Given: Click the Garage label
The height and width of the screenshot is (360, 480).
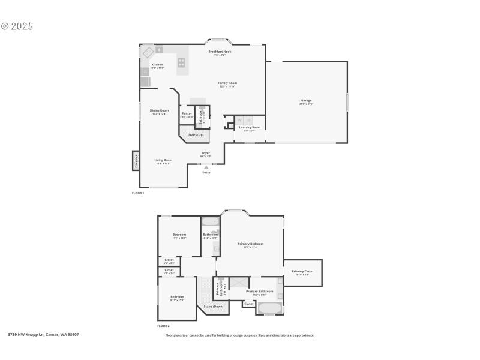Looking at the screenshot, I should tap(306, 101).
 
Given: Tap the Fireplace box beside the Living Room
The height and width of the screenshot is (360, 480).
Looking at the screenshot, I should tap(136, 160).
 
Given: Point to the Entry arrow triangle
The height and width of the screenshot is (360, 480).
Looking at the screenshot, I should tap(206, 167).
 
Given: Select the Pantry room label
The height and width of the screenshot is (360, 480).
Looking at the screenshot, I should tap(187, 113).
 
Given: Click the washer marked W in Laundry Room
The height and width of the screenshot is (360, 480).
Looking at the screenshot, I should tap(239, 120).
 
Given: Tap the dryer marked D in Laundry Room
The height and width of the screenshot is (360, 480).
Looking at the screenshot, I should tap(248, 120).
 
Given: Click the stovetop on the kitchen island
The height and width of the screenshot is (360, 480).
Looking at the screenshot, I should tap(181, 62).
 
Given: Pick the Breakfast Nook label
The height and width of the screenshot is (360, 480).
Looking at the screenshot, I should tap(220, 52).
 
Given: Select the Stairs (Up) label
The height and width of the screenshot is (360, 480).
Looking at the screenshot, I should tap(196, 134).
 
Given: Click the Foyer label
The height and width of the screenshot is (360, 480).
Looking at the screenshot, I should tap(205, 153).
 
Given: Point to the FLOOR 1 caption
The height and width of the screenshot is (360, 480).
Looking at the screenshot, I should tap(138, 193).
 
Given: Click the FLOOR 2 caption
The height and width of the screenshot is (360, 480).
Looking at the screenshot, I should tap(163, 326).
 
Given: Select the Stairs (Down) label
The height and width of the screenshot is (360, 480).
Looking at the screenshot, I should tap(213, 306).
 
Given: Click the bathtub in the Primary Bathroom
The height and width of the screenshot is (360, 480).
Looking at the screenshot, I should tap(269, 308).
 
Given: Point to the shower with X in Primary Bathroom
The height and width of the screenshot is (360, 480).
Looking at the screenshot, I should tap(238, 282).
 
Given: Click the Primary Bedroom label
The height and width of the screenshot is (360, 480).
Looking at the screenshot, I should tap(250, 244).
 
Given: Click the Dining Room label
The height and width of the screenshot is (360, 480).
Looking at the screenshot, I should tap(159, 110).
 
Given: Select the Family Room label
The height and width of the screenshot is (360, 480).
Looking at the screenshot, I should tap(227, 83).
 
